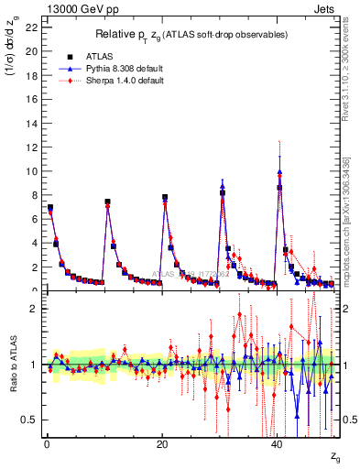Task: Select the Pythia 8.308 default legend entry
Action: (x=128, y=68)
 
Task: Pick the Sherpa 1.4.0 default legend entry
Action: (x=127, y=80)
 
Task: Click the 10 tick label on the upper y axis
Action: (x=30, y=171)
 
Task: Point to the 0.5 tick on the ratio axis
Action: (x=28, y=420)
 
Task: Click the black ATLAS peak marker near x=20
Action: (x=165, y=197)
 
